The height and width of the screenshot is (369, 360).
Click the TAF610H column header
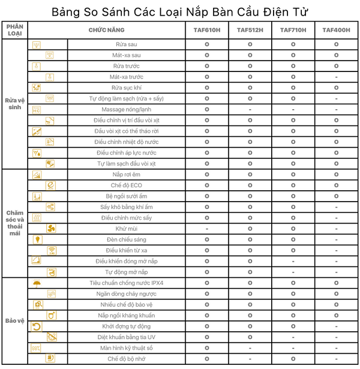tap(207, 30)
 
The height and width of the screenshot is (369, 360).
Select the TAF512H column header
tap(250, 30)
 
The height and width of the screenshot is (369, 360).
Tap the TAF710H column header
tap(293, 30)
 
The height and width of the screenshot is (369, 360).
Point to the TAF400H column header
tap(336, 30)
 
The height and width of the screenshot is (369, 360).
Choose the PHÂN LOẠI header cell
tap(14, 30)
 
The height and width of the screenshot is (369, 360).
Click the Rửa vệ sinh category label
tap(14, 103)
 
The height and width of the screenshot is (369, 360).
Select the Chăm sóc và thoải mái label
tap(14, 222)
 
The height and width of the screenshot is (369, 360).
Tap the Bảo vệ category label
tap(14, 320)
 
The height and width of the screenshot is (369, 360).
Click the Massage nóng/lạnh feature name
tap(126, 109)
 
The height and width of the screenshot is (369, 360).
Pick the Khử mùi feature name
tap(126, 229)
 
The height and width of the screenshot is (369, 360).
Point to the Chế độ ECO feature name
tap(126, 185)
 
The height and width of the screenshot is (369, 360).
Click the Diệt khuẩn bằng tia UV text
tap(126, 337)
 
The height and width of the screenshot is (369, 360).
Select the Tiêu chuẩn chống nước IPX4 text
tap(126, 283)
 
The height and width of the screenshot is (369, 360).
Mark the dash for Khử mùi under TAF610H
tap(207, 229)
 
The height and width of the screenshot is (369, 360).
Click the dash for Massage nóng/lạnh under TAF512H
tap(250, 109)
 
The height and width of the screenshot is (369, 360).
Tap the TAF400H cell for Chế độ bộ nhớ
tap(336, 359)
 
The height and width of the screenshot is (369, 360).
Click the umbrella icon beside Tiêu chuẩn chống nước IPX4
tap(37, 283)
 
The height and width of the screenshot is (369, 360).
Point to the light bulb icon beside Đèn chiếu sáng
tap(37, 239)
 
